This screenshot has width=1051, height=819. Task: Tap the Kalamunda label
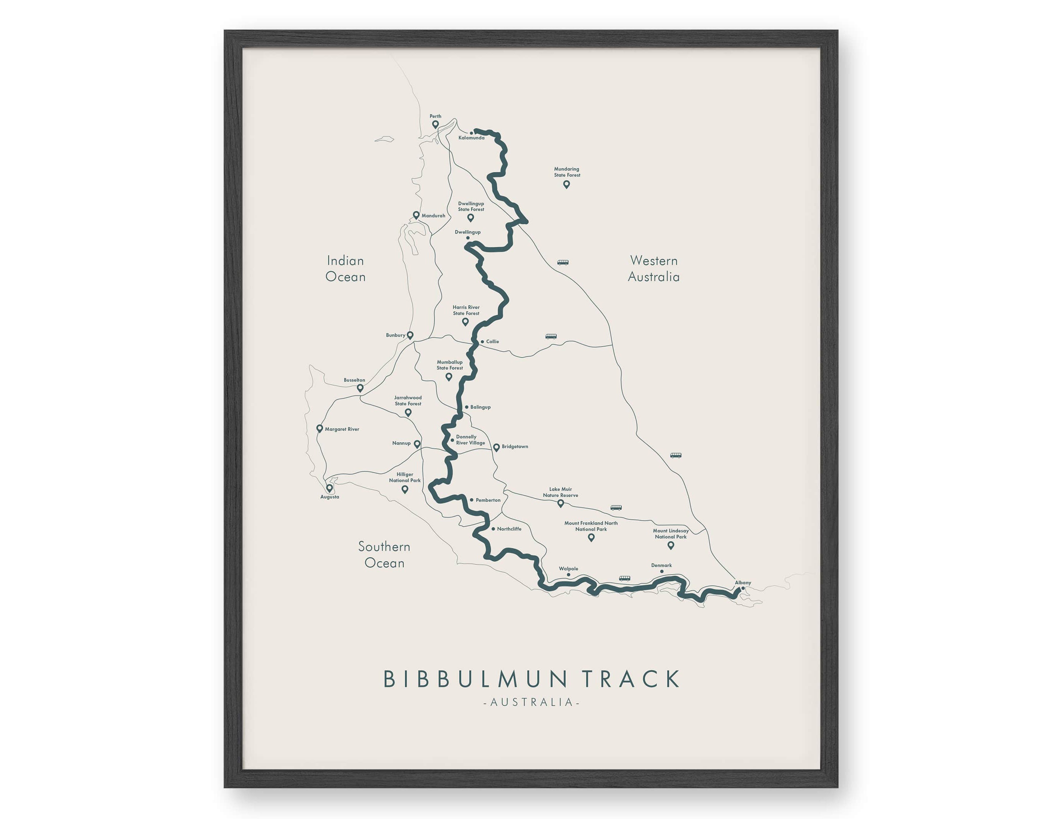point(471,138)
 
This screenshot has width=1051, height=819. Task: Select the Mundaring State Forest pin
point(566,184)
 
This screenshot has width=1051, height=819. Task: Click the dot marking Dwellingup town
point(467,238)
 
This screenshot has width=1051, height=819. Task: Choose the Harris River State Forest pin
point(465,321)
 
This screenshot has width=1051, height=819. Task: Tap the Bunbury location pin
point(410,335)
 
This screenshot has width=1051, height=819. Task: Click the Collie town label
point(492,341)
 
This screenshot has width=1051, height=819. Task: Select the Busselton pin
point(360,388)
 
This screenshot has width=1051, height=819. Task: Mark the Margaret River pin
point(319,428)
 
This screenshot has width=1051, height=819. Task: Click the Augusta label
point(330,497)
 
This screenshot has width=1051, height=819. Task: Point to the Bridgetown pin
point(496,447)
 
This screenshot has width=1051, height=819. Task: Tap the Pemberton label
point(488,500)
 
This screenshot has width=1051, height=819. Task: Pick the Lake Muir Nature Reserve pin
point(561,503)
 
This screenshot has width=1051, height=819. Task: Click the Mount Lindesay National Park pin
point(671,545)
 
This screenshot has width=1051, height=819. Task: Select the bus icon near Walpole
point(624,578)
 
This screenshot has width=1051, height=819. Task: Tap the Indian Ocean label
point(346,269)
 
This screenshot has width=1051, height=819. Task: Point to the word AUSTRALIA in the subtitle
point(531,702)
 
